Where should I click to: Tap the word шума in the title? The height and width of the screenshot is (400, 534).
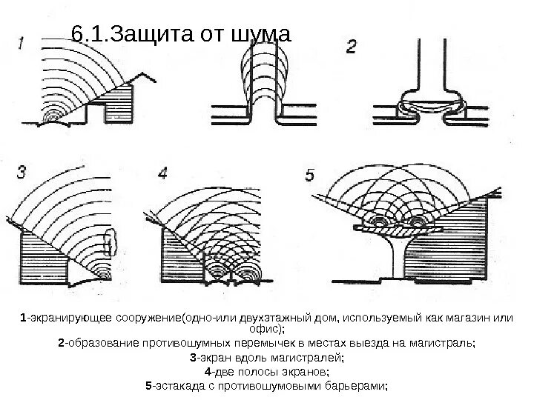263,34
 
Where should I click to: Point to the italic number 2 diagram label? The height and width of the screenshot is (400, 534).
352,47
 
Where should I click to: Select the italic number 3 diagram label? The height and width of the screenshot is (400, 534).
22,173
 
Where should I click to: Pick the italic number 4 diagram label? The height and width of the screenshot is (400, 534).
163,173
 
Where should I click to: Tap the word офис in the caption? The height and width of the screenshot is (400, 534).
266,329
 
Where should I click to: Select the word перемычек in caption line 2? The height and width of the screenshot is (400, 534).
302,344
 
